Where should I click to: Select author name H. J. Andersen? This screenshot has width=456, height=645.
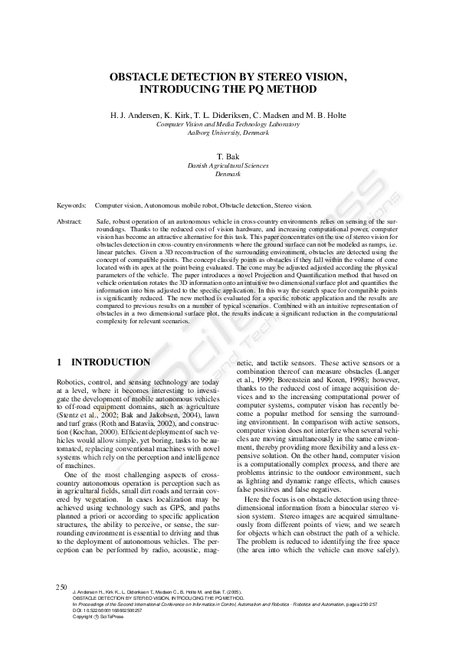(138, 115)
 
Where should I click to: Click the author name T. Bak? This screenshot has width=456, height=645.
(228, 156)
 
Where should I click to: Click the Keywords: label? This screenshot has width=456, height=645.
(71, 205)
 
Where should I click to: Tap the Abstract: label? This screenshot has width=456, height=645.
(70, 221)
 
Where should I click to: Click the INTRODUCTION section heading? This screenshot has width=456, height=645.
(110, 362)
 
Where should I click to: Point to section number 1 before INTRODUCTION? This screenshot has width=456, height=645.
(60, 362)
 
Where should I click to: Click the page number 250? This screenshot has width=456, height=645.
(62, 586)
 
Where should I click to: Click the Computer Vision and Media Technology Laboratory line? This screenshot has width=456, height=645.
(228, 123)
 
